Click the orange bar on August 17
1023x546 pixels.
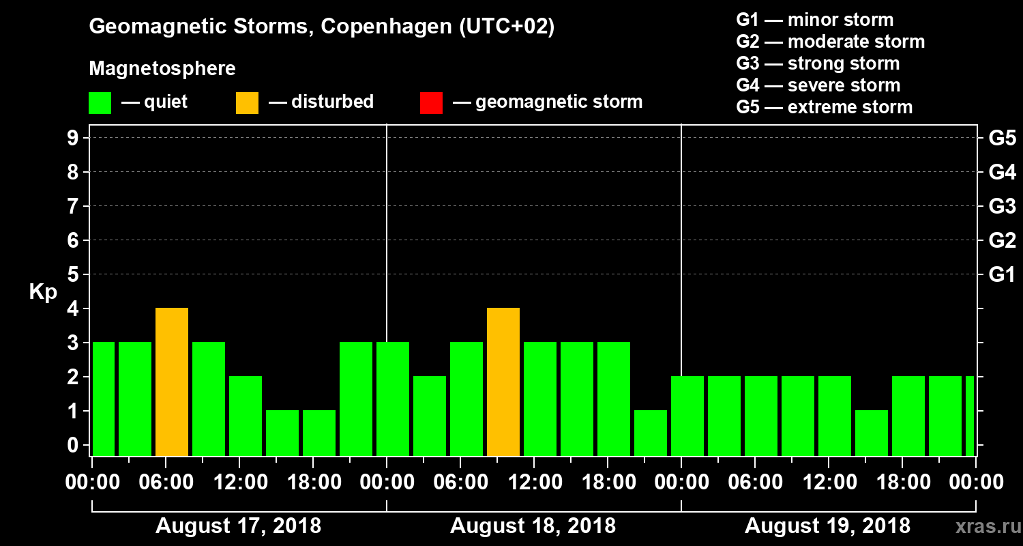172,382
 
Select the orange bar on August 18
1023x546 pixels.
503,382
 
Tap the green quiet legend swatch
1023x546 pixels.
100,103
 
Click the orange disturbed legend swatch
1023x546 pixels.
247,103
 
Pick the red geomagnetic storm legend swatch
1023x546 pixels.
431,103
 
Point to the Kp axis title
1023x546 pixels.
43,292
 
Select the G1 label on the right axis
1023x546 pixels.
1002,275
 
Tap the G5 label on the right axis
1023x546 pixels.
1002,139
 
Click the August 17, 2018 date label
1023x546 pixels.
239,526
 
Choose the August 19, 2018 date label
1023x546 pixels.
827,526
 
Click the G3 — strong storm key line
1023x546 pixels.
818,63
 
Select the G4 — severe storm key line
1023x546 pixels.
818,85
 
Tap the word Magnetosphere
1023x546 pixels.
162,69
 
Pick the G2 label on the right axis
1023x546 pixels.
1002,241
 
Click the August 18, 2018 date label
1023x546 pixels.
533,526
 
